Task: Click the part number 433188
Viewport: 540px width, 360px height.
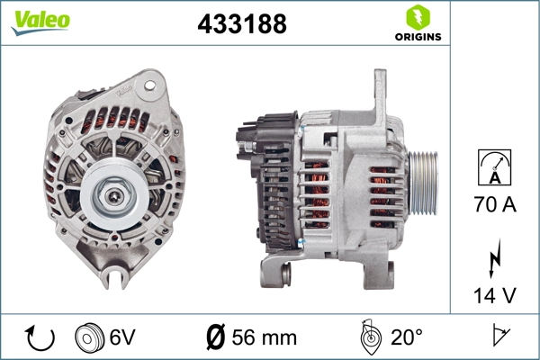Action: point(241,25)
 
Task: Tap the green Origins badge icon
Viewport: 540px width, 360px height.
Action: point(416,17)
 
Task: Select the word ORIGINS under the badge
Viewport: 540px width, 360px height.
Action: point(416,38)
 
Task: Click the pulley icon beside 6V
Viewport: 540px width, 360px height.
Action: point(90,337)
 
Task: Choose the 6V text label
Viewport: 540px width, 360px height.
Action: point(121,337)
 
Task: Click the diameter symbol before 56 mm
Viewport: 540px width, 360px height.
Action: point(216,337)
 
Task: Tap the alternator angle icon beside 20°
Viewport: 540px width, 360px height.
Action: point(368,337)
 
